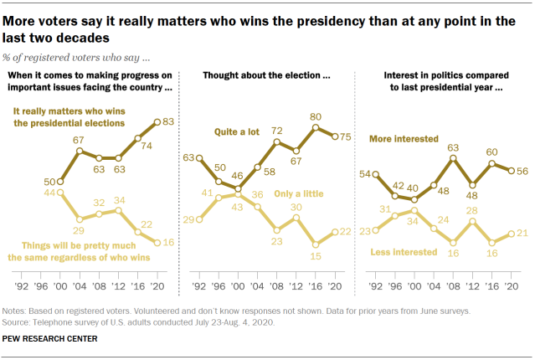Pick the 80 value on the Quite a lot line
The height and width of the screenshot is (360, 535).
click(x=316, y=117)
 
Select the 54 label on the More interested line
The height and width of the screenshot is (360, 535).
click(x=365, y=173)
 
